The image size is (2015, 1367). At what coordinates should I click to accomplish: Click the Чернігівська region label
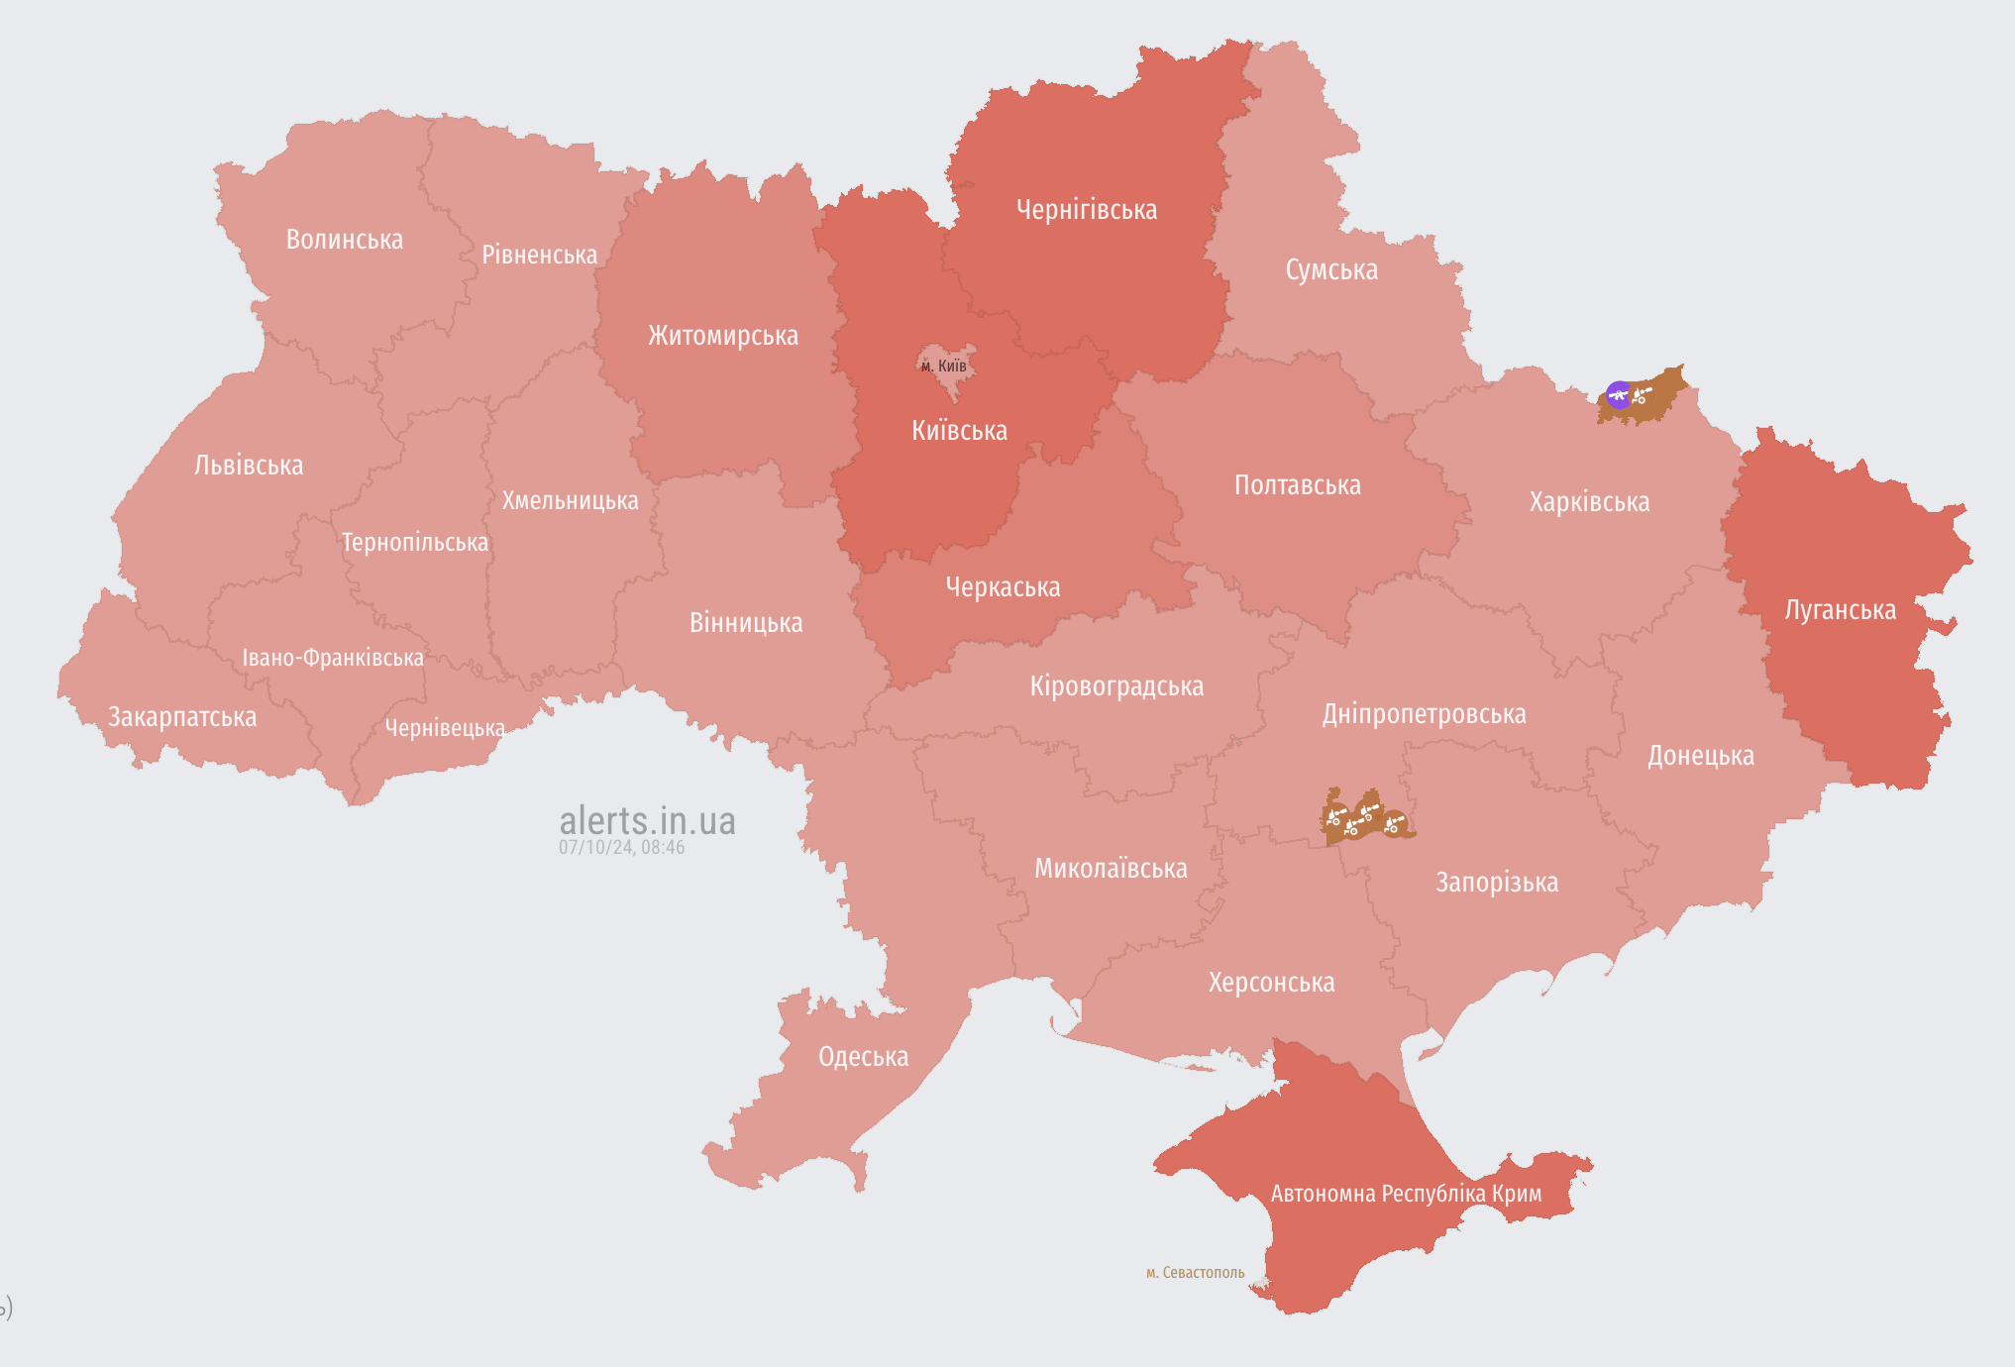(1087, 210)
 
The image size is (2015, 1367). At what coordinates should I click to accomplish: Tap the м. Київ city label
(943, 367)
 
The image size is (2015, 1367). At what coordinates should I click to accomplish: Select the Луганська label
(1840, 610)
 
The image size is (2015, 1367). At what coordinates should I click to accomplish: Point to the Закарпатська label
(182, 717)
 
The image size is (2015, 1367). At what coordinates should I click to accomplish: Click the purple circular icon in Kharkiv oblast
(1619, 395)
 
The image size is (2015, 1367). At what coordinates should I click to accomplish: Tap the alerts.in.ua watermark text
(647, 820)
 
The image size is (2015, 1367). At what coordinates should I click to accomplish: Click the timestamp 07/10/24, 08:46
(621, 848)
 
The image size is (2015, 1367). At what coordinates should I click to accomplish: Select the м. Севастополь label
(1195, 1273)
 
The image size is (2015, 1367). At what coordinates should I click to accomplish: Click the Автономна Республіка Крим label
(1406, 1194)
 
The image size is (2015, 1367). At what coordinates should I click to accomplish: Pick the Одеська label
(863, 1057)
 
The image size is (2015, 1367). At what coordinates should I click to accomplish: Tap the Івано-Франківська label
(333, 658)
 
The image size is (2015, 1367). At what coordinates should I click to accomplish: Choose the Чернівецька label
(445, 728)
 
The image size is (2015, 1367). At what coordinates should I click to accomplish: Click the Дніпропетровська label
(1424, 714)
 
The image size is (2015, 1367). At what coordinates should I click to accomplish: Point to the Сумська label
(1331, 270)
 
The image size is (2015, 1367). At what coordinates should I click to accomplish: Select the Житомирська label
(723, 336)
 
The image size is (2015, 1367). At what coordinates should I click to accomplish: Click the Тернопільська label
(415, 543)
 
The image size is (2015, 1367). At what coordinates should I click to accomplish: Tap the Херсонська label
(1271, 983)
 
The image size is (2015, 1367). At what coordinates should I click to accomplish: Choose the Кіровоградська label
(1116, 686)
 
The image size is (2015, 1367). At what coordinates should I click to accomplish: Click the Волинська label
(345, 240)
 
